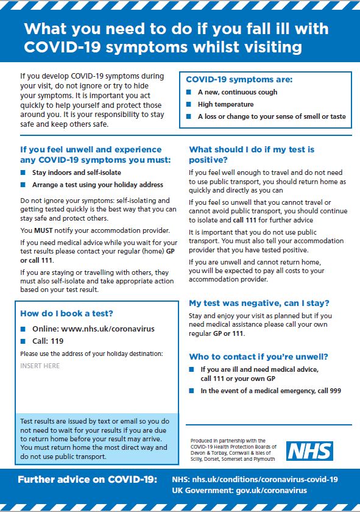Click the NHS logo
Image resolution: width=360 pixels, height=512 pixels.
tap(310, 451)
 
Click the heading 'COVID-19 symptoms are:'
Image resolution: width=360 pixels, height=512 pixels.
tap(239, 80)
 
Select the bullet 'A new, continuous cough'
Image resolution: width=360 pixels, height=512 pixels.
tap(237, 92)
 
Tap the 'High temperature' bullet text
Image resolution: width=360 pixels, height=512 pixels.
tap(225, 104)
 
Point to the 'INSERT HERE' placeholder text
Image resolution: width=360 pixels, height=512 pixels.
tap(40, 366)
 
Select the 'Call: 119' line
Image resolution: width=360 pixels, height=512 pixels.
tap(48, 341)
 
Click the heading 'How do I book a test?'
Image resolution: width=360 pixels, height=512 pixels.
tap(66, 314)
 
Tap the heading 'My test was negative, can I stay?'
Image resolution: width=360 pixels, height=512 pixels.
tap(259, 303)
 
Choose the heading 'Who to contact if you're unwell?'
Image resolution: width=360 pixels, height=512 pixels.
tap(259, 357)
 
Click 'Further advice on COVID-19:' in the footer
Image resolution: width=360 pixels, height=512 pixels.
tap(88, 479)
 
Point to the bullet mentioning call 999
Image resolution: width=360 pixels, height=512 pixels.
tap(262, 391)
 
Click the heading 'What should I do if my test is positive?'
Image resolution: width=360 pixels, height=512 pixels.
tap(252, 154)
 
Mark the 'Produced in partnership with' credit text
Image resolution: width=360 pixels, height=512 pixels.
tap(220, 440)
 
